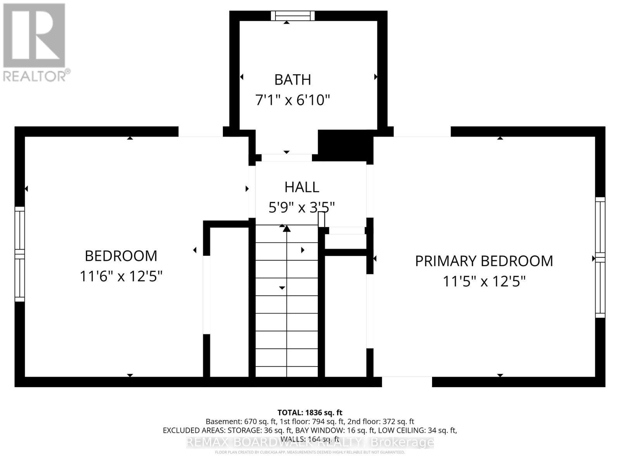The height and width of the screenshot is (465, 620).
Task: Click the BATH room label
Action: tap(293, 79)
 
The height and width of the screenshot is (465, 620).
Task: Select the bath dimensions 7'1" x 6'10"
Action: tap(293, 100)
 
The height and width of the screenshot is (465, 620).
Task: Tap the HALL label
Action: tap(302, 187)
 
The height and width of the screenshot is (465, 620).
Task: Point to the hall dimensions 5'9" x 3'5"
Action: tap(301, 207)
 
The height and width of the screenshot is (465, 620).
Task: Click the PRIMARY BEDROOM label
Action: tap(484, 261)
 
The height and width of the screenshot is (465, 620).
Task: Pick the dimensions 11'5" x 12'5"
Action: tap(484, 281)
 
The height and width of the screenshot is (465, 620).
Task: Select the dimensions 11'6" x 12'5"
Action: tap(121, 276)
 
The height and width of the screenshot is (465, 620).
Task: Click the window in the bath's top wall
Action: tap(293, 15)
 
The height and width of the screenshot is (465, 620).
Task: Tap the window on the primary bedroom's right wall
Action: tap(600, 257)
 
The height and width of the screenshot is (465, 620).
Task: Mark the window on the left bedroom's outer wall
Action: tap(20, 254)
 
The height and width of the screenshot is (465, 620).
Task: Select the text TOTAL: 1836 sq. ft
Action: tap(310, 413)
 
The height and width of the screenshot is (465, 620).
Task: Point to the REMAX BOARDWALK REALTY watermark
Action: tap(310, 442)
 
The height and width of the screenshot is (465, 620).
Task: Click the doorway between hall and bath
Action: tap(287, 157)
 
